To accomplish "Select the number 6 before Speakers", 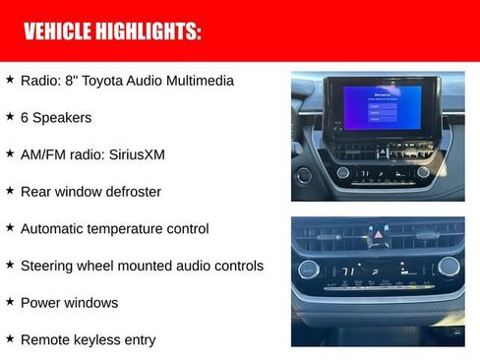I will (x=25, y=118).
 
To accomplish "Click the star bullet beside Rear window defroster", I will (x=10, y=190).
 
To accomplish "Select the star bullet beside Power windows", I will (x=10, y=301).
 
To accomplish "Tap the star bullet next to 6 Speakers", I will (x=10, y=116).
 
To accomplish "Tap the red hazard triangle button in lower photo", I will (x=378, y=234).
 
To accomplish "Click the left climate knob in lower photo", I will (x=310, y=269).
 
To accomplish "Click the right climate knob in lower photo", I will (x=449, y=266).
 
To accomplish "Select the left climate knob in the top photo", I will (x=343, y=172).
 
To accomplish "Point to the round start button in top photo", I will (x=304, y=175).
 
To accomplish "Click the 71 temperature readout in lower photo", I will (x=347, y=270).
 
